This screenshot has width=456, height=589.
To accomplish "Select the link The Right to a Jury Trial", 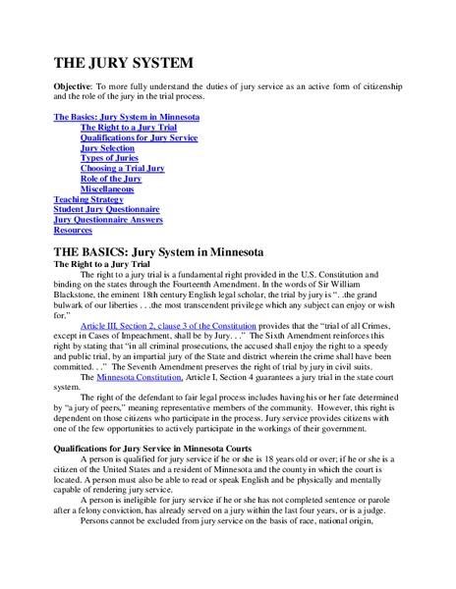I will (129, 128).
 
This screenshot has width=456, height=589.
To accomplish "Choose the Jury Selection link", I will (107, 147).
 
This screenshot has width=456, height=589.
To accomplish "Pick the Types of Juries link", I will (109, 158).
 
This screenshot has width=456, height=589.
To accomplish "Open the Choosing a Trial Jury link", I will (122, 168).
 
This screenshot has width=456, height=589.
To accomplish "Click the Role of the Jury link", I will (110, 179).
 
